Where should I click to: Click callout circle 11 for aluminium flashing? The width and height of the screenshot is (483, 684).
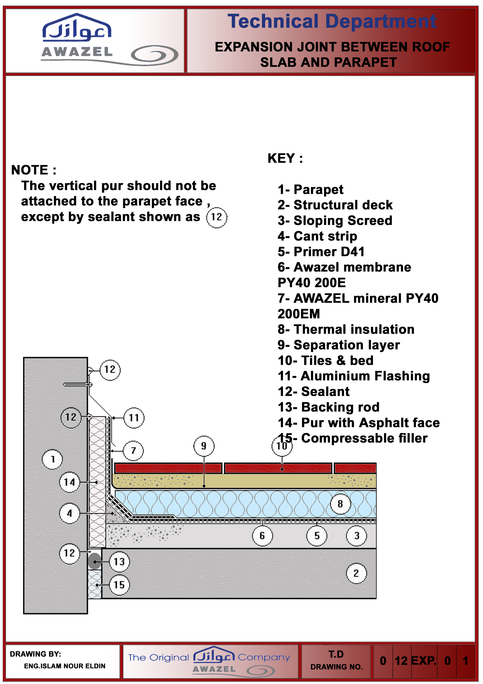[134, 418]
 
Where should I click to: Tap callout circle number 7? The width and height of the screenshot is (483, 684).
[133, 451]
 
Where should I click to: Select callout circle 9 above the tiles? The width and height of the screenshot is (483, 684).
[204, 446]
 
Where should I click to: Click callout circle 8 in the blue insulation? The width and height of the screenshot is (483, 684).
[340, 504]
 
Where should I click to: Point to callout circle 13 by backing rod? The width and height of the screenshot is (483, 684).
[119, 562]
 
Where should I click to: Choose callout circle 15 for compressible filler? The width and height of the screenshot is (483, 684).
[119, 585]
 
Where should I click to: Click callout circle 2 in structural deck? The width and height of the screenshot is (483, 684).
[356, 573]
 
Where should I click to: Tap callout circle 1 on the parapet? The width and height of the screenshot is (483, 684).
[52, 459]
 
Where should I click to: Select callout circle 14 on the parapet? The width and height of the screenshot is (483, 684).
[70, 482]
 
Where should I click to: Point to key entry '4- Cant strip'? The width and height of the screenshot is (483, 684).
[317, 236]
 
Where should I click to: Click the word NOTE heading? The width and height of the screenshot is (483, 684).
[33, 170]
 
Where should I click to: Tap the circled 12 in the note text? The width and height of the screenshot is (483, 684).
[217, 217]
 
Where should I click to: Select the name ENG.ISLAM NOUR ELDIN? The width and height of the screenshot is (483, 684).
[65, 666]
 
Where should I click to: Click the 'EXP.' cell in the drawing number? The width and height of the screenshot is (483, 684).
[424, 661]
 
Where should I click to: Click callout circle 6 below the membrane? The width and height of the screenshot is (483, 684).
[262, 536]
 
